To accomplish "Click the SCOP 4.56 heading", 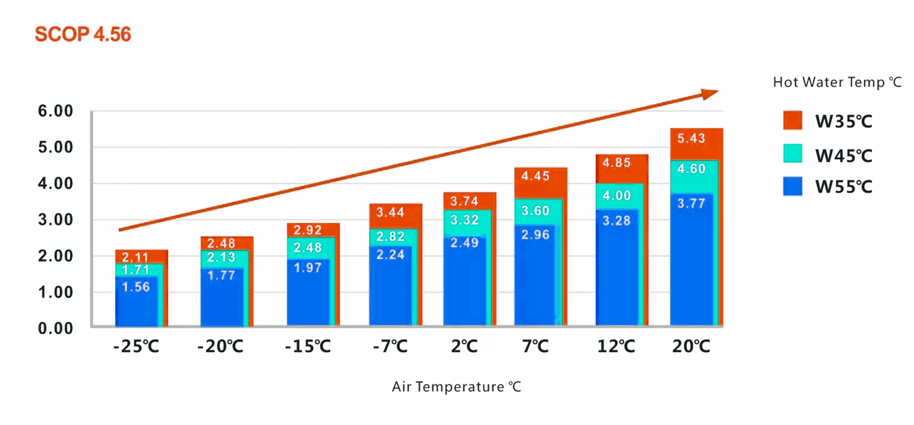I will pyautogui.click(x=83, y=35).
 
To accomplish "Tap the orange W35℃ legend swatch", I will pyautogui.click(x=792, y=120).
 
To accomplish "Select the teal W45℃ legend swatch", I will pyautogui.click(x=792, y=153).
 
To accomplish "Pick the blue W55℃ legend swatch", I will pyautogui.click(x=792, y=186).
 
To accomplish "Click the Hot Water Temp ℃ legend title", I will pyautogui.click(x=837, y=82).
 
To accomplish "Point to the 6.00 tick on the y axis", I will pyautogui.click(x=56, y=111).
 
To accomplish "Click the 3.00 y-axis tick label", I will pyautogui.click(x=56, y=220).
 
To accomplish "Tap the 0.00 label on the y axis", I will pyautogui.click(x=56, y=328).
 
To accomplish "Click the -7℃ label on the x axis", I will pyautogui.click(x=390, y=346).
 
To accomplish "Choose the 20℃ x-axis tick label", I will pyautogui.click(x=691, y=346).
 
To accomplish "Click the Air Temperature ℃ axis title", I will pyautogui.click(x=456, y=387).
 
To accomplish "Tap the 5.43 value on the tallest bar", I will pyautogui.click(x=691, y=138).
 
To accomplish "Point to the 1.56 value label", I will pyautogui.click(x=136, y=287).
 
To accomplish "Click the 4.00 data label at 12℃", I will pyautogui.click(x=617, y=195).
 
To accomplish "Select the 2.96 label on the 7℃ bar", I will pyautogui.click(x=535, y=235).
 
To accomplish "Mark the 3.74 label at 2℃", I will pyautogui.click(x=464, y=202).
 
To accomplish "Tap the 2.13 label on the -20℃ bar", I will pyautogui.click(x=221, y=257).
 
